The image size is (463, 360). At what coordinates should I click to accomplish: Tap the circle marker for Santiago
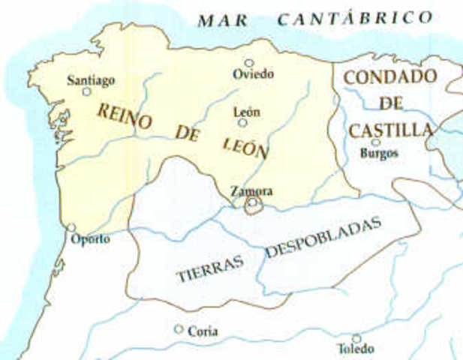tap(86, 91)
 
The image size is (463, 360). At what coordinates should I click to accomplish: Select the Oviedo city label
tap(253, 74)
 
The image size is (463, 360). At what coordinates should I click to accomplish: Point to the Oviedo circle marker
tap(249, 64)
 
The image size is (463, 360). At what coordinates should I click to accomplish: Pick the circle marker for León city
tap(243, 122)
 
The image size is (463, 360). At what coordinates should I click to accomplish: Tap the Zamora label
tap(251, 190)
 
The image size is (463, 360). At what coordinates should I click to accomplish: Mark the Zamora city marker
tap(254, 202)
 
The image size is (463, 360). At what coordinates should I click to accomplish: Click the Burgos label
tap(379, 153)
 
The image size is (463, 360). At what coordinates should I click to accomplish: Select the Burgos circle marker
tap(375, 142)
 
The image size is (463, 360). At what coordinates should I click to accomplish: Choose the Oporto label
tap(90, 239)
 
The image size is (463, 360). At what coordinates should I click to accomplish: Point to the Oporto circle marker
tap(72, 227)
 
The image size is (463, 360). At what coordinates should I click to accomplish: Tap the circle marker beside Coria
tap(179, 328)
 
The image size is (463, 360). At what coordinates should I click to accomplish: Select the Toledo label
tap(356, 349)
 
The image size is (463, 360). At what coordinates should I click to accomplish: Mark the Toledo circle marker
tap(356, 338)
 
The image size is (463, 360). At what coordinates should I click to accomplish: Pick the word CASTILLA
tap(391, 130)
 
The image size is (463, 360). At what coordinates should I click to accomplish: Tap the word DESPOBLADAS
tap(323, 238)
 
